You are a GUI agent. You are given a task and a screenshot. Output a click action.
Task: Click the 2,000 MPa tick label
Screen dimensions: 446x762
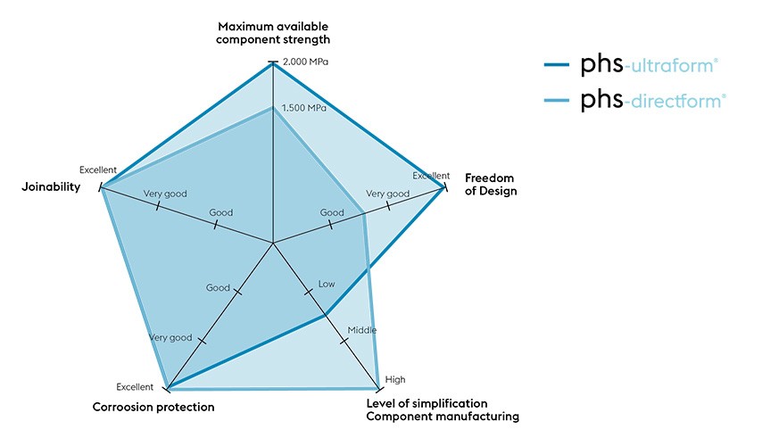tap(304, 62)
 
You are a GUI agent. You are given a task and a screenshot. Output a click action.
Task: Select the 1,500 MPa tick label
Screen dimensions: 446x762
tap(304, 108)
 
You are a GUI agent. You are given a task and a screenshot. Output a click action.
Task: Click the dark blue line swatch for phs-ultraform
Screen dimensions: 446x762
tap(559, 64)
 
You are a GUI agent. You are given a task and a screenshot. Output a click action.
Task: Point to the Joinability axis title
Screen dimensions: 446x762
tap(51, 187)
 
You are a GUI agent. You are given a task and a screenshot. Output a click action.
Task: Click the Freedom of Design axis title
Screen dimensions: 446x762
tap(491, 185)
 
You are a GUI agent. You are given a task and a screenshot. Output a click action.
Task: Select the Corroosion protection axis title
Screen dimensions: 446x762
tap(153, 408)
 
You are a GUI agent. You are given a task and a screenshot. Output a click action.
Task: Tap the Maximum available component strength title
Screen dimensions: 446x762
tap(273, 34)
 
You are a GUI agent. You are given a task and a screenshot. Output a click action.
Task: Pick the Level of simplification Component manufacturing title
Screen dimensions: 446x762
tap(443, 410)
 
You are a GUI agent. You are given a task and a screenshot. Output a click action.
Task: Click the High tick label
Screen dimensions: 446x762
tap(394, 380)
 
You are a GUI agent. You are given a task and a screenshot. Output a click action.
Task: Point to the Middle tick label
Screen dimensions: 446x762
tap(361, 331)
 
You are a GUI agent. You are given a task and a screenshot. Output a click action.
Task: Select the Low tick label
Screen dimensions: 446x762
tap(327, 285)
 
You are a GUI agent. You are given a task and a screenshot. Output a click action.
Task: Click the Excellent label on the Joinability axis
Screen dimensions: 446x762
tap(97, 169)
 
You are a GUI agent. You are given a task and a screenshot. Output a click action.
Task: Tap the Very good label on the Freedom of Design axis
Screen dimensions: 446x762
tap(387, 194)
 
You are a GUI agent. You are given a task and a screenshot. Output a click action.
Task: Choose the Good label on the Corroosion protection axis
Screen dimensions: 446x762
tap(218, 288)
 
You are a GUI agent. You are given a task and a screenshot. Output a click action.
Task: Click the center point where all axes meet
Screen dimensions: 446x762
tap(273, 243)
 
